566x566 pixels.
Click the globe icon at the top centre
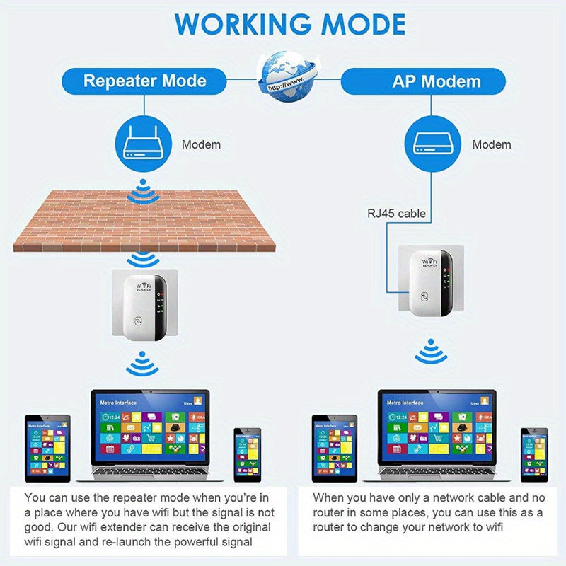point(289,74)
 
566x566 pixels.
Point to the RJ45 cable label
point(396,212)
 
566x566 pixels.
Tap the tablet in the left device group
point(47,449)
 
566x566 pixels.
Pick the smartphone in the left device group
point(248,454)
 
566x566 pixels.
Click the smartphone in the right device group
point(534,454)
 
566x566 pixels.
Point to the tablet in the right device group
point(335,449)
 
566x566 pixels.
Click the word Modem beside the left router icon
point(202,144)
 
